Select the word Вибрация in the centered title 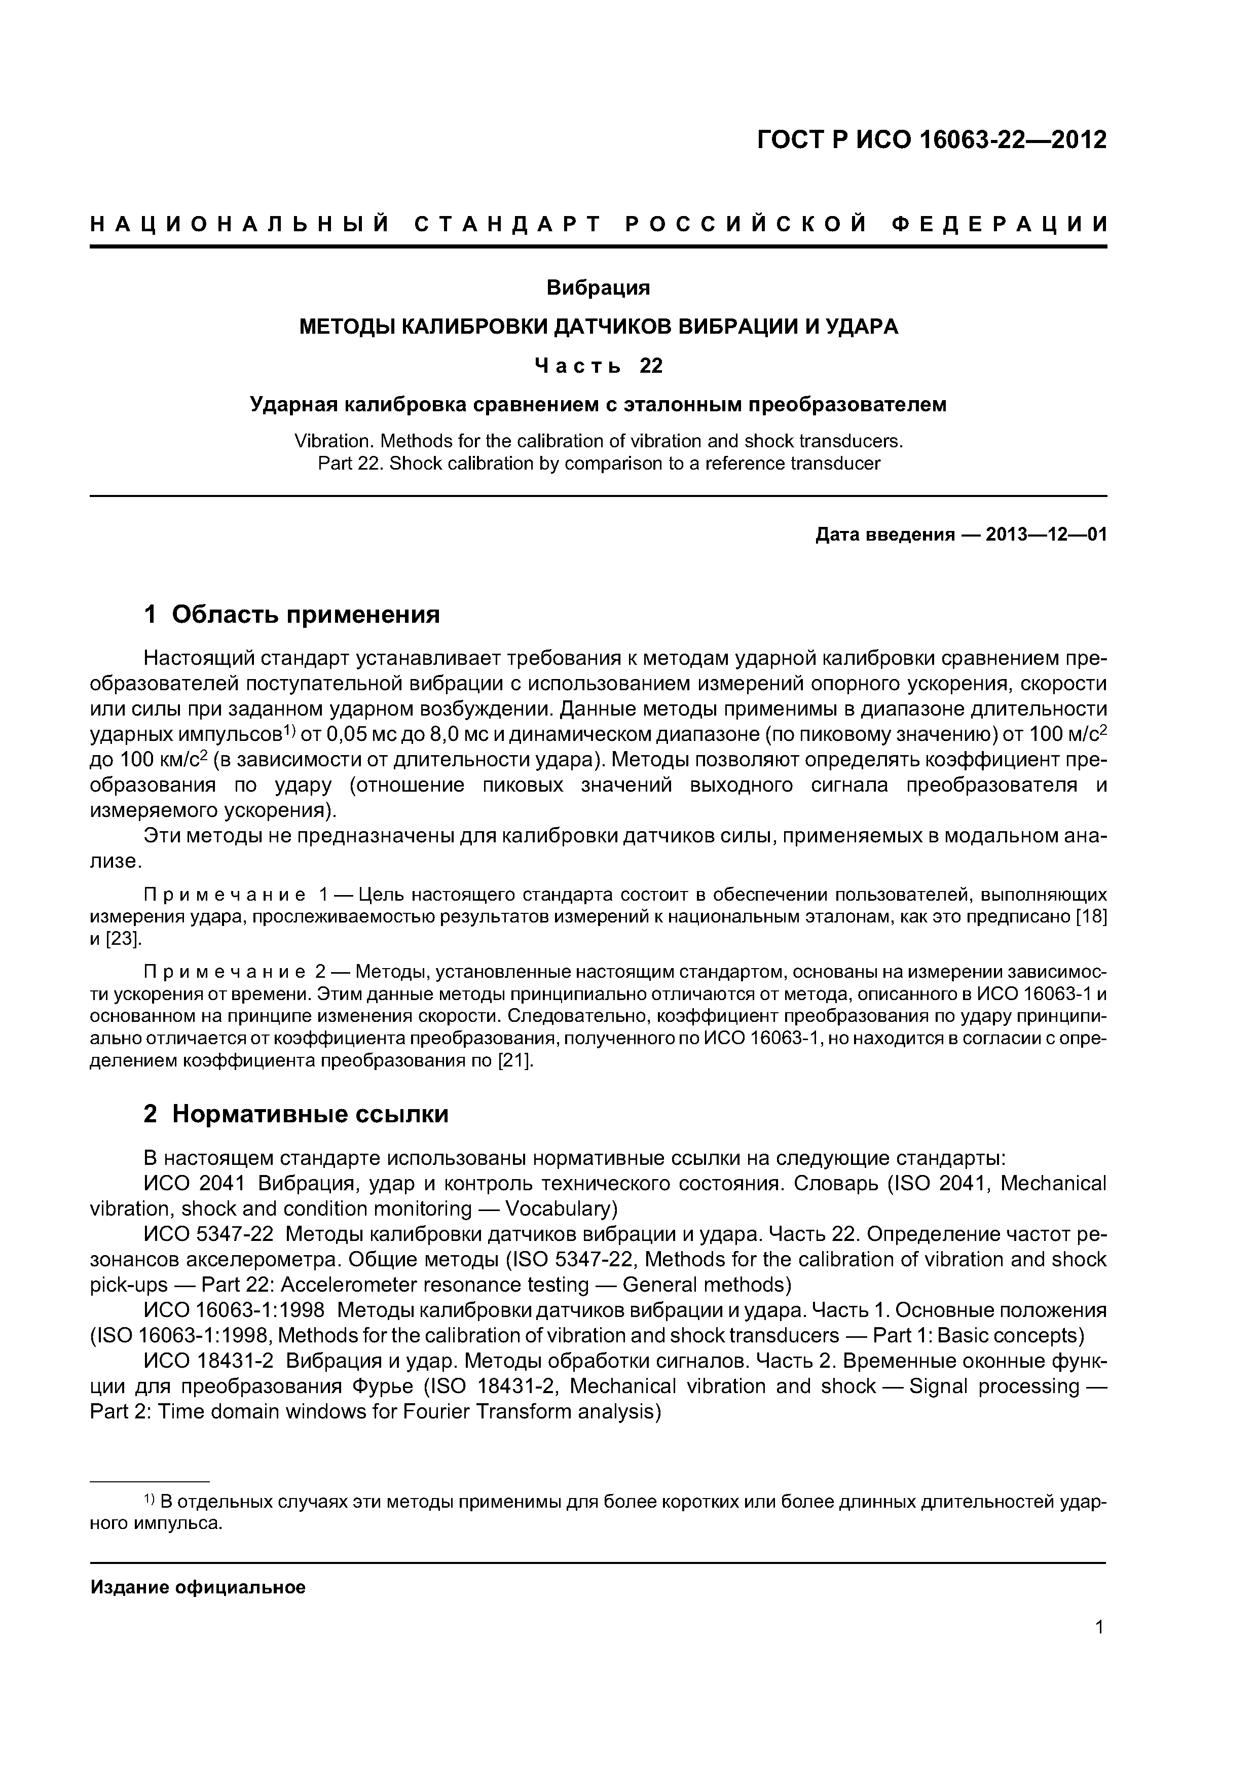598,288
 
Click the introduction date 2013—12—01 1046,535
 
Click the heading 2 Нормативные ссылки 296,1114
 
